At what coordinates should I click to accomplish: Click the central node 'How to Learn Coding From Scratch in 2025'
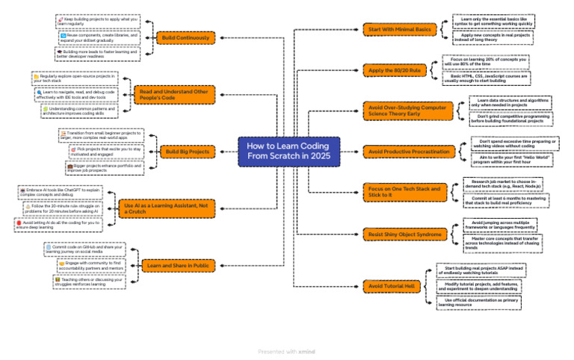coord(288,151)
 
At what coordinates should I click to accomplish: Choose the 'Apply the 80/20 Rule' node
coord(393,70)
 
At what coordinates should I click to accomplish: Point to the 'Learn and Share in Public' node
coord(177,265)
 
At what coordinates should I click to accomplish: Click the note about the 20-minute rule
coord(65,208)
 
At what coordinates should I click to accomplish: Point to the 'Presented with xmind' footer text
coord(286,350)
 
